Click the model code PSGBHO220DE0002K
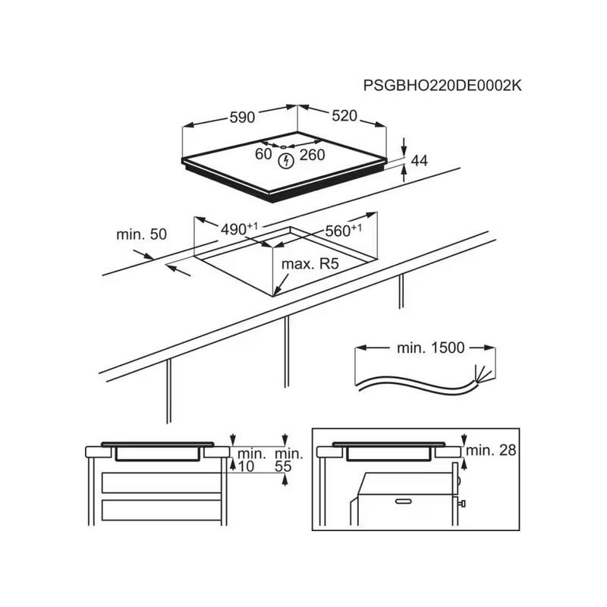point(442,86)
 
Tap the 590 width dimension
point(242,118)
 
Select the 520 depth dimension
point(344,116)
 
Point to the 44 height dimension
point(419,161)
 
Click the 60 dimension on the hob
point(263,154)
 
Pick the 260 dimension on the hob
point(312,155)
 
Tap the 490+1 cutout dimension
point(239,229)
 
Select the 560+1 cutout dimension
point(344,231)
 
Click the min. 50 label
point(142,234)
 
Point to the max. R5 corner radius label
point(310,264)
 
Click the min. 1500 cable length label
point(430,348)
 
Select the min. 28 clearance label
point(491,450)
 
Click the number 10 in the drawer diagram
point(245,467)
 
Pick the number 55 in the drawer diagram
point(283,467)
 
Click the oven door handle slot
point(404,502)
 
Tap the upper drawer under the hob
point(161,483)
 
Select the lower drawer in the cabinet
point(161,510)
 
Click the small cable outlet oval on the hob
point(283,147)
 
